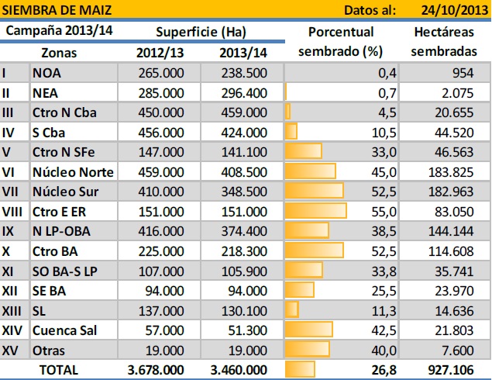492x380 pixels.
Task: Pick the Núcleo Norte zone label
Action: (74, 171)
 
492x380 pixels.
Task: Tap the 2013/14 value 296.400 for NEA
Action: (243, 92)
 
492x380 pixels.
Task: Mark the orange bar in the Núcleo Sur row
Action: (315, 191)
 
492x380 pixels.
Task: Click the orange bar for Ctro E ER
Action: (316, 210)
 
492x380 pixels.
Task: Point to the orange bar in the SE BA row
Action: (300, 289)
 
